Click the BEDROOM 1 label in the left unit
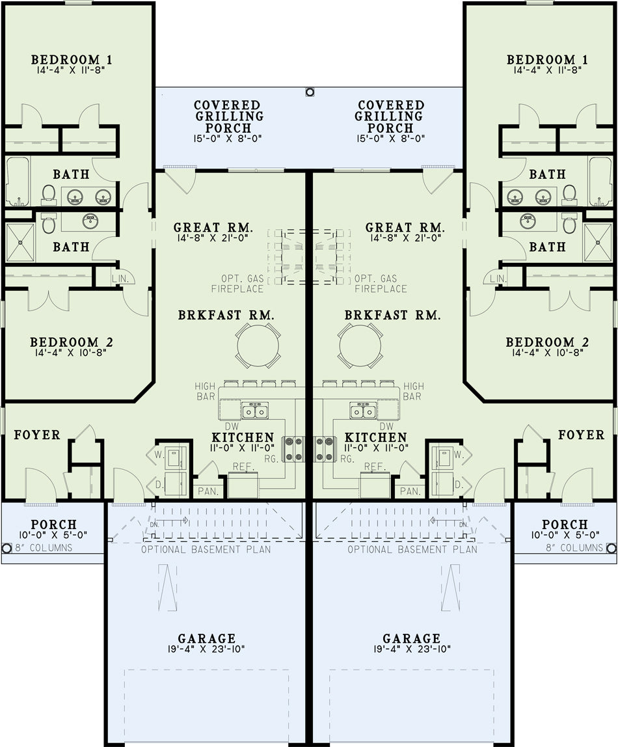[x=72, y=60]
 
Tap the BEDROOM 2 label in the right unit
[x=547, y=342]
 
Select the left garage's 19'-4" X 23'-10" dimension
[x=207, y=649]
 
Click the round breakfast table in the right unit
[x=360, y=346]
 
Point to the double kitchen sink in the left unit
[x=255, y=410]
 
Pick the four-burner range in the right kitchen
[x=325, y=449]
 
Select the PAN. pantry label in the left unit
[x=208, y=491]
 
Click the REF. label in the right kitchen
[x=375, y=467]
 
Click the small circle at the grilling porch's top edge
[x=310, y=92]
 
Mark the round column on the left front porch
[x=7, y=549]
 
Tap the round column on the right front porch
[x=612, y=549]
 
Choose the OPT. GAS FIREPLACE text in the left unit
[x=237, y=284]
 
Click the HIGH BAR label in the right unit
[x=413, y=391]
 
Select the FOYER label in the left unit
[x=37, y=435]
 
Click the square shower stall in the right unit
[x=598, y=243]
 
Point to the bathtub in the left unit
[x=18, y=181]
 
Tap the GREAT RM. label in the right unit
[x=405, y=228]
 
